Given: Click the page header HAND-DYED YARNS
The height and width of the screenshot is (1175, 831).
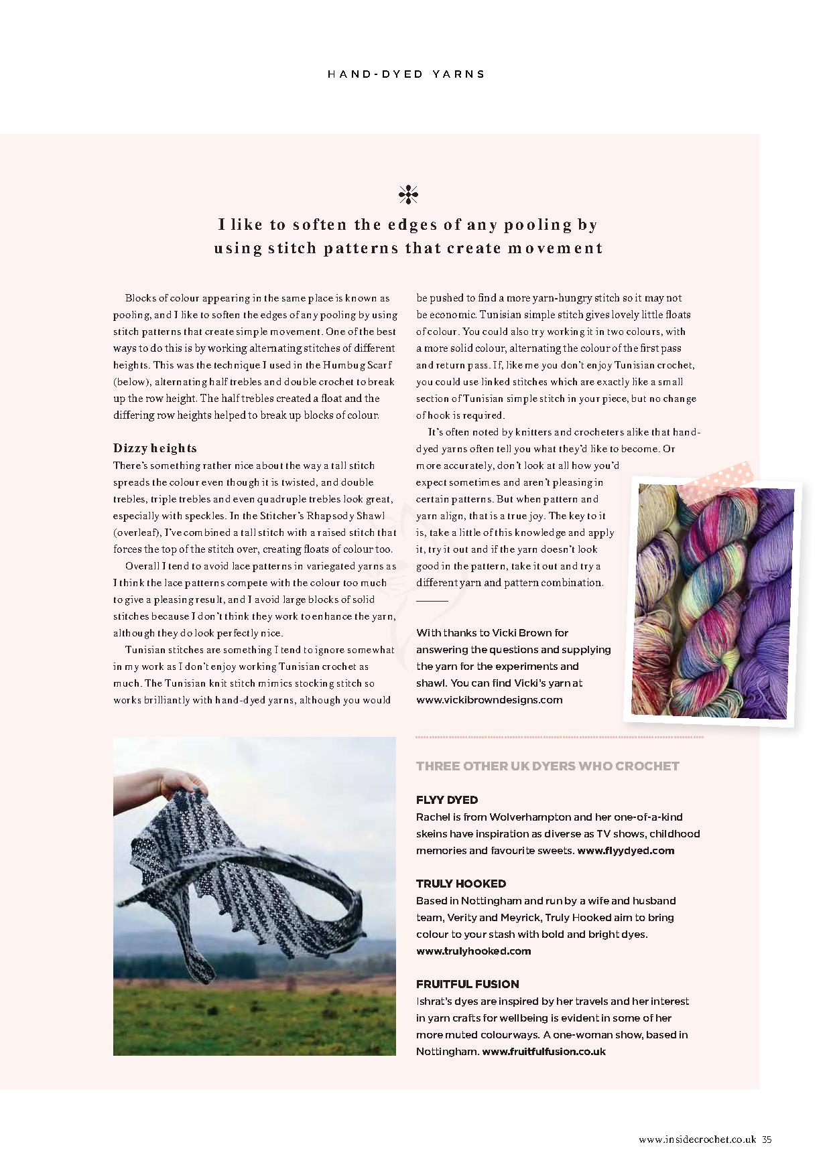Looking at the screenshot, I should [406, 74].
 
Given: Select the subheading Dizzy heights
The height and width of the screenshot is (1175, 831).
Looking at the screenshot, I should [155, 448].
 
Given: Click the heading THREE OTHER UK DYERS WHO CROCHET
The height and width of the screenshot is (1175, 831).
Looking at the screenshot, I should [548, 766].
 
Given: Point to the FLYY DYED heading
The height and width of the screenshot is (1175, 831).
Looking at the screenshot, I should [447, 800].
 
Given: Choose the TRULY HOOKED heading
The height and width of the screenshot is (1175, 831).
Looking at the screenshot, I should [461, 884].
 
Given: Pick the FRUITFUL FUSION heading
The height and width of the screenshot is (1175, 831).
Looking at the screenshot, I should [468, 984].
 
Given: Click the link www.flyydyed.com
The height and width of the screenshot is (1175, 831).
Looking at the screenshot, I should [625, 851].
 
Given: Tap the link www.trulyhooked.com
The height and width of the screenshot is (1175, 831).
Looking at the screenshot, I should [473, 951].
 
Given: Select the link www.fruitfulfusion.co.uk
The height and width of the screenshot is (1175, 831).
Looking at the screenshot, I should [544, 1051].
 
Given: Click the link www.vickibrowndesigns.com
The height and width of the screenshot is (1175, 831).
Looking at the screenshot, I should [489, 700].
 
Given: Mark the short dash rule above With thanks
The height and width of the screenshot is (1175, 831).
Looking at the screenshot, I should [432, 601].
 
